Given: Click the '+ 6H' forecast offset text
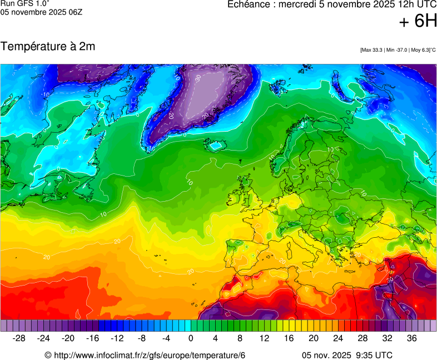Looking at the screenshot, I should click(418, 21).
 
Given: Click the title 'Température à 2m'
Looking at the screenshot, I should click(48, 47).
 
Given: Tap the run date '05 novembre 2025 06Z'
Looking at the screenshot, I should click(41, 12).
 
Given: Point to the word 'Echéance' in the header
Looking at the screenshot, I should click(251, 4).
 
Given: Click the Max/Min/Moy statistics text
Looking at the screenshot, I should click(398, 50).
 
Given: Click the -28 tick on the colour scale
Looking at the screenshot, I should click(19, 338).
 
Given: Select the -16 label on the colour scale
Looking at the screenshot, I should click(93, 338).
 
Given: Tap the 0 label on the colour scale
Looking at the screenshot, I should click(191, 338).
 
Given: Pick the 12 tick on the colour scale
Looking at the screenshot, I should click(264, 338).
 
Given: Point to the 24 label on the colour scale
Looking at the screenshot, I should click(337, 338).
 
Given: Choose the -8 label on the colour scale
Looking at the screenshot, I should click(142, 338).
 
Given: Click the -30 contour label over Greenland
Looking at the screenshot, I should click(197, 78).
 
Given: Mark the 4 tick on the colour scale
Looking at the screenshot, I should click(215, 338).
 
